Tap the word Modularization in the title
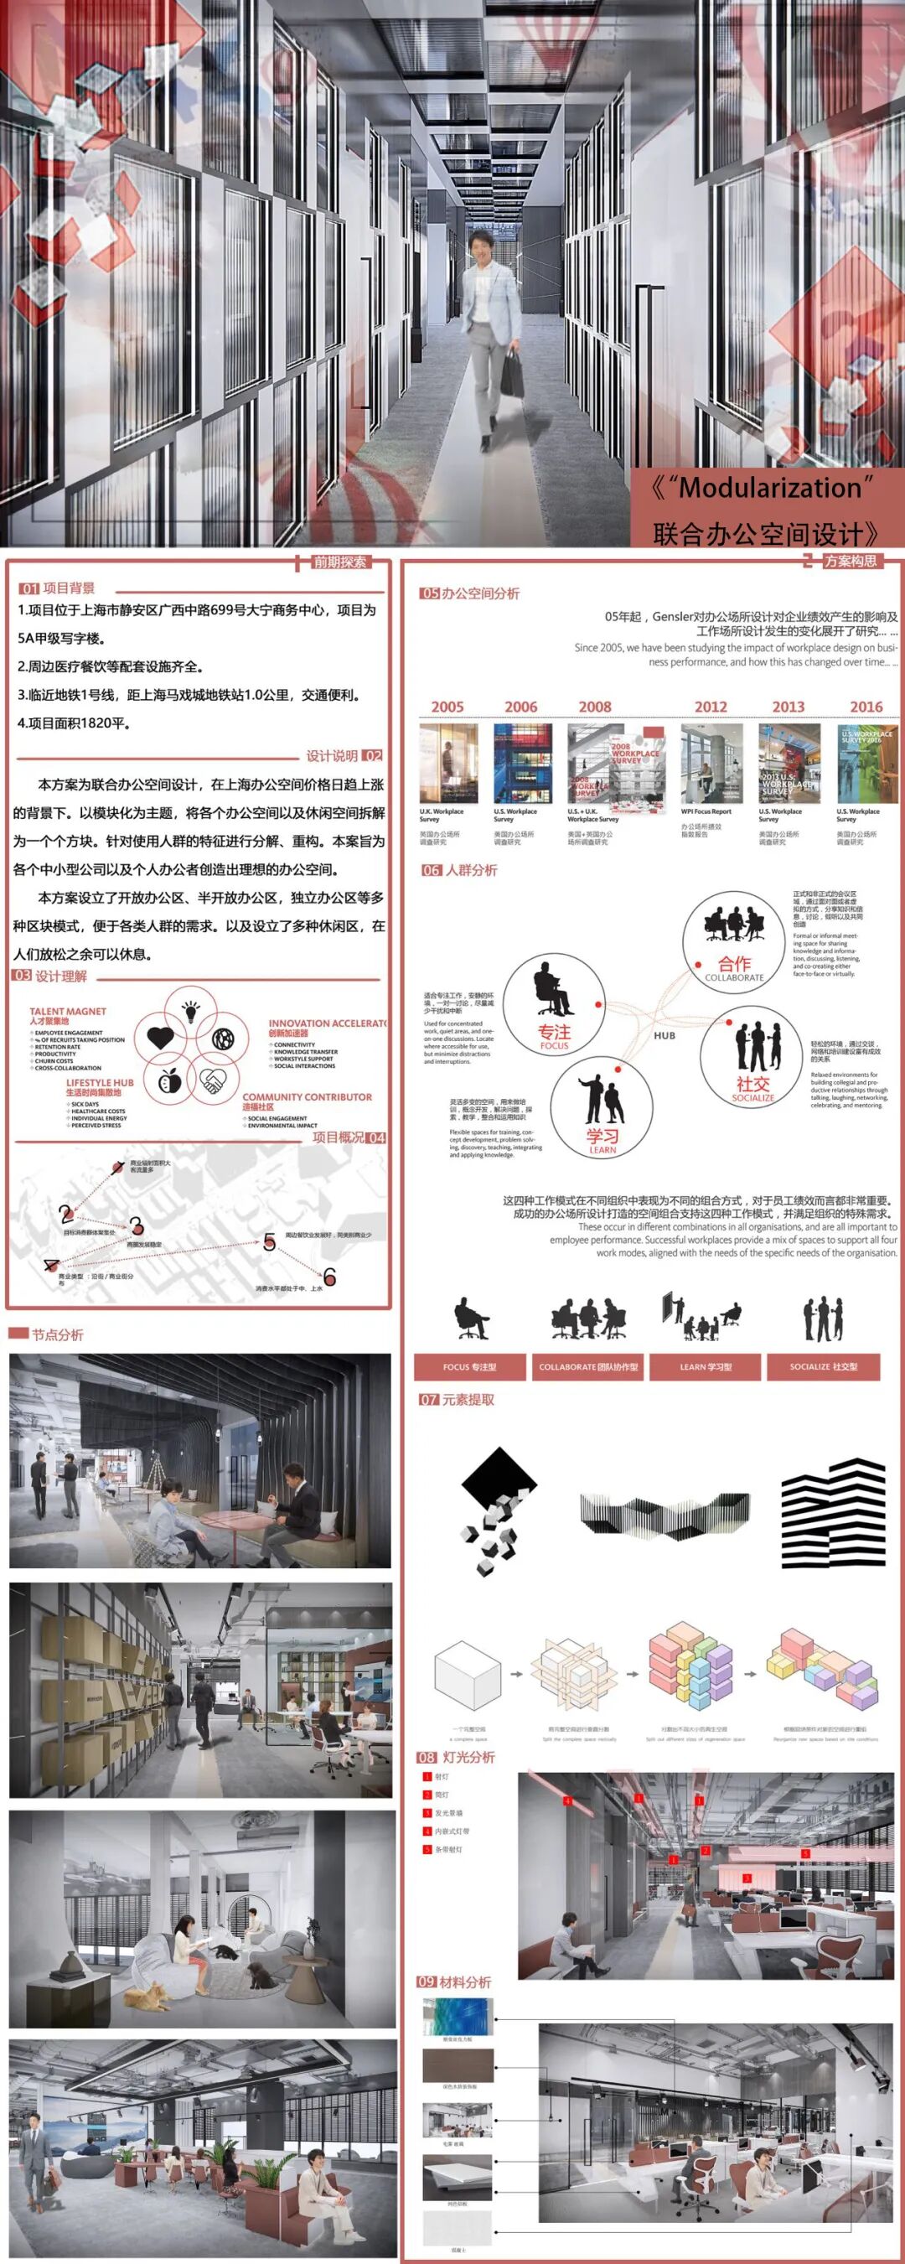pos(771,488)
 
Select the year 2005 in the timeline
pos(447,707)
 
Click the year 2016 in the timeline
pos(866,707)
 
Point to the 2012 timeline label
pos(711,707)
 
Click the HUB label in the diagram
pos(665,1035)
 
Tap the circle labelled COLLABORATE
pos(734,940)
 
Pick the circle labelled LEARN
pos(602,1107)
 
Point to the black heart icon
pos(160,1038)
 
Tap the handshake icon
pos(212,1080)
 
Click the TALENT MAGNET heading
pos(68,1012)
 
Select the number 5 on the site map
pos(270,1242)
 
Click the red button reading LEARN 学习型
pos(706,1366)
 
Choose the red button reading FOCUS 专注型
pos(470,1366)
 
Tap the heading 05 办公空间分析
pos(470,593)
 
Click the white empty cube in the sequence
pos(468,1675)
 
